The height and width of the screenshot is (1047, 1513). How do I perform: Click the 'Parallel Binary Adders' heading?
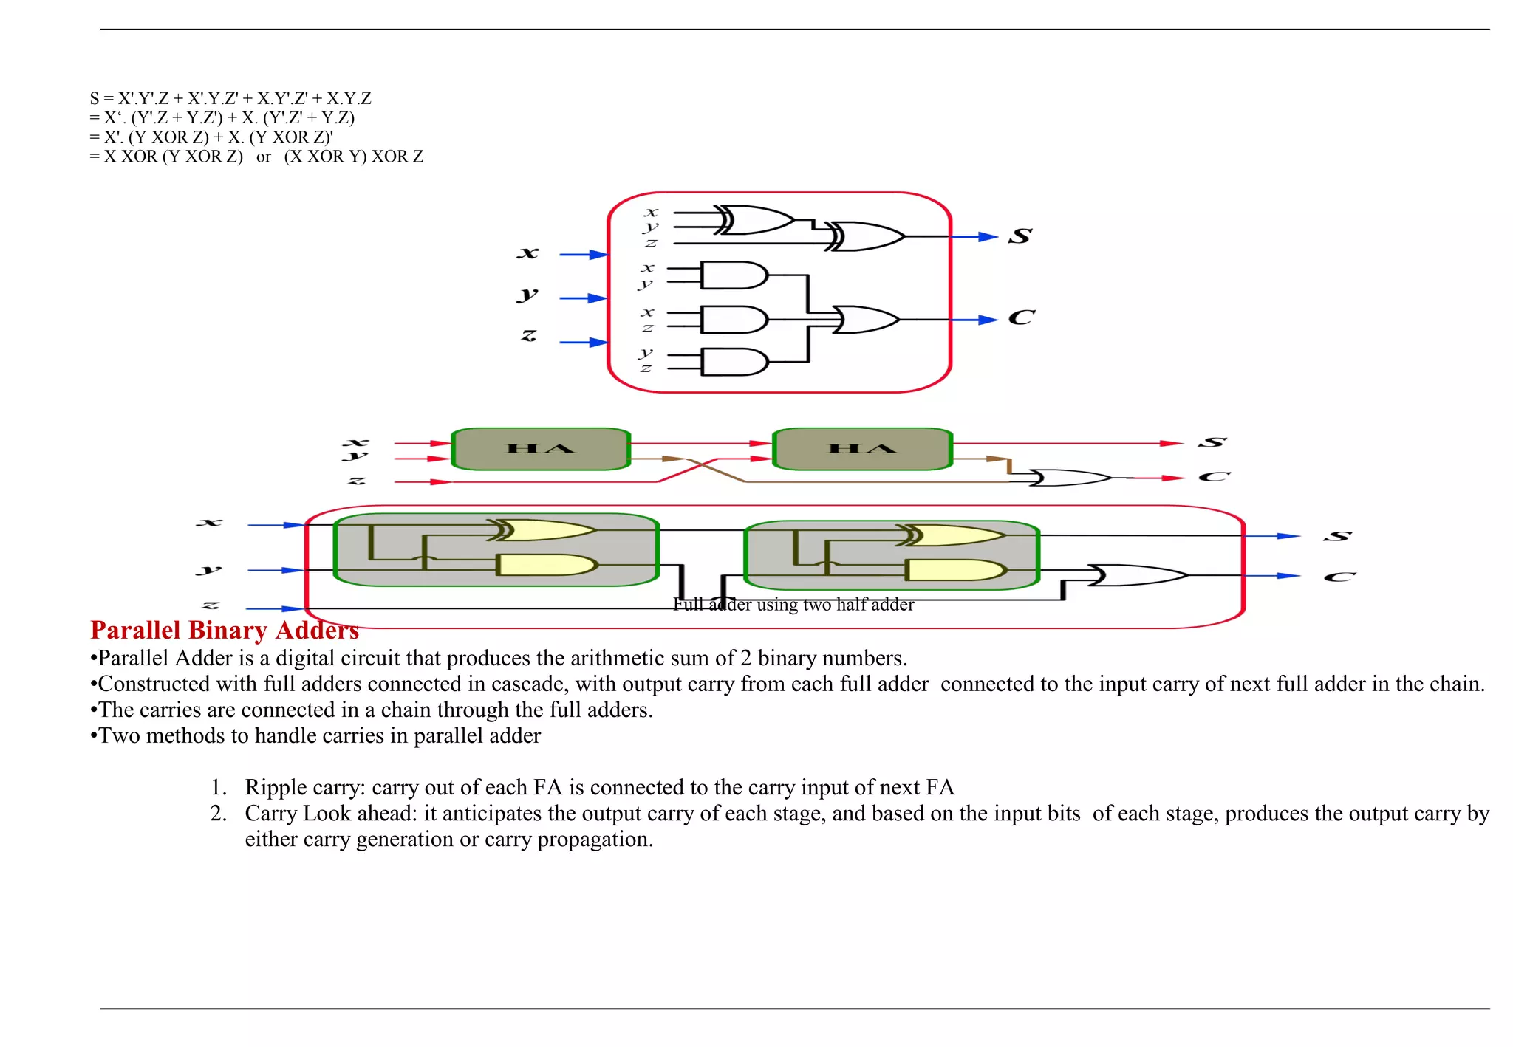225,630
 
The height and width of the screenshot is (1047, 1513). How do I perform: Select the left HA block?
541,449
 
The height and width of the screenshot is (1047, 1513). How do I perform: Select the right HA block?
862,449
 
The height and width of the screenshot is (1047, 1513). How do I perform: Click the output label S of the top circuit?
1020,236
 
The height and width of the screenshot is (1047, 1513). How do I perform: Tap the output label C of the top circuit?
1022,317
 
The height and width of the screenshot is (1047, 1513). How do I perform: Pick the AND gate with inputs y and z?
733,362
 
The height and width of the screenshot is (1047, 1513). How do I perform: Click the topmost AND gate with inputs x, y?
733,275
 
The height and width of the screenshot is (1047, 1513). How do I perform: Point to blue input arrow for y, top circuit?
584,298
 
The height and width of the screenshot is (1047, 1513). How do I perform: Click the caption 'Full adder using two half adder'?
793,605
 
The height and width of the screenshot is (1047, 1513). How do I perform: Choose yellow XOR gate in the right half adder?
953,535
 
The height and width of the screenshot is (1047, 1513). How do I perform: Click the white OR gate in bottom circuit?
1136,575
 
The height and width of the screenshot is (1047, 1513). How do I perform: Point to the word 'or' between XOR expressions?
264,157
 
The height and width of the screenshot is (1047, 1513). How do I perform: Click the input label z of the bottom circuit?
211,605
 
